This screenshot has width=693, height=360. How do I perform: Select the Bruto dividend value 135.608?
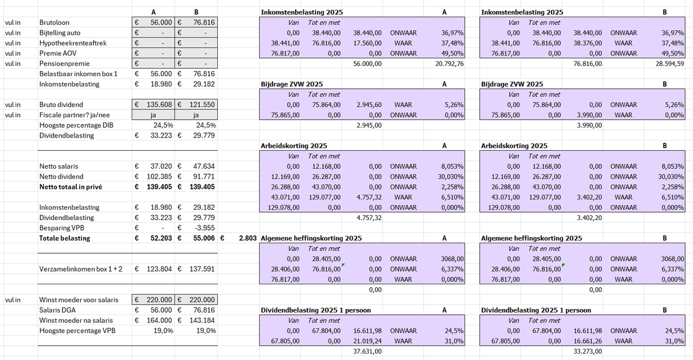coord(159,105)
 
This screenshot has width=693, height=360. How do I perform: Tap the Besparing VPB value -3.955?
coord(204,228)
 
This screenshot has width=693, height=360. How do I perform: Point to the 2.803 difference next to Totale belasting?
coord(248,238)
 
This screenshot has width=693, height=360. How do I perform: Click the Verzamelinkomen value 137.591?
coord(202,269)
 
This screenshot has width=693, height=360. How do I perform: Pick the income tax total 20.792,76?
coord(449,64)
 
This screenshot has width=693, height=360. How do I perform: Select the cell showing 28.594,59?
coord(670,64)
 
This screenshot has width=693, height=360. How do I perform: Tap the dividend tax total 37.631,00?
coord(367,351)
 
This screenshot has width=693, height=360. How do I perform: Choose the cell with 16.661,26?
coord(588,341)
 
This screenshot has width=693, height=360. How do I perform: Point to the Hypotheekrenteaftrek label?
coord(73,43)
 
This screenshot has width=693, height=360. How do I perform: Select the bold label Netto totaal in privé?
coord(70,187)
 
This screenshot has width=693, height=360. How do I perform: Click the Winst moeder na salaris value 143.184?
coord(202,320)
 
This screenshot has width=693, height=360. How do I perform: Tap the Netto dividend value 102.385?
coord(159,176)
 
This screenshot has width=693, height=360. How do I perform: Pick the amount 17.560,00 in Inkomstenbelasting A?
coord(367,43)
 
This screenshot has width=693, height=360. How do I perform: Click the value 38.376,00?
coord(588,43)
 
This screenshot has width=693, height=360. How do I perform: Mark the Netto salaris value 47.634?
coord(204,166)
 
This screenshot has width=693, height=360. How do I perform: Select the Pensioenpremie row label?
coord(64,64)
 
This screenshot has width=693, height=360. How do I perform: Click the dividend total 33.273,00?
coord(588,351)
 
